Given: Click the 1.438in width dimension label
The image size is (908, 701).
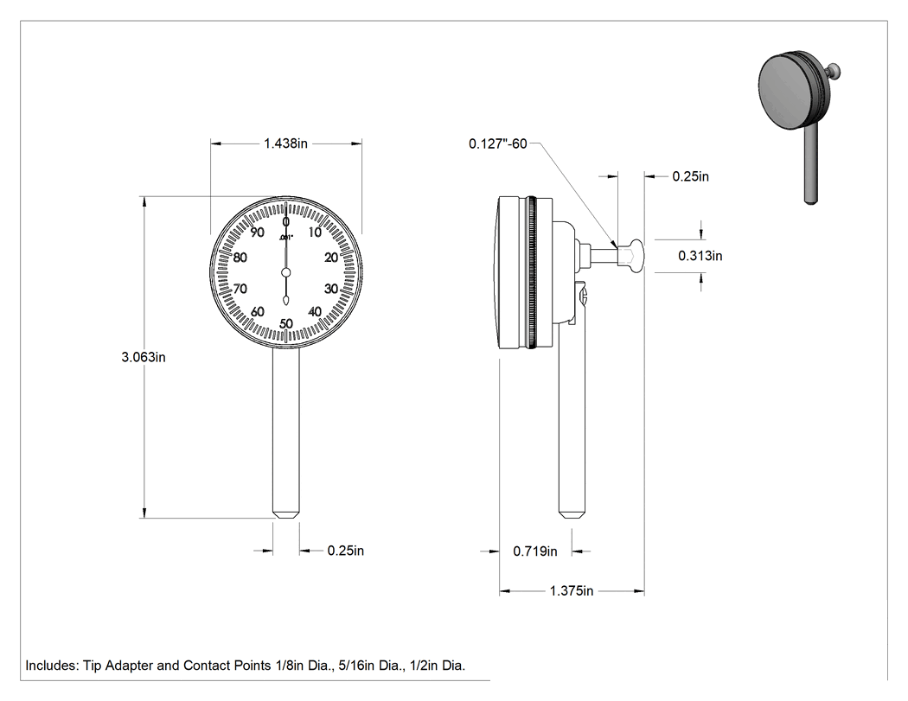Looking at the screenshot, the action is (285, 143).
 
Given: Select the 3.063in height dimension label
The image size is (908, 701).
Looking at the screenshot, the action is (144, 357).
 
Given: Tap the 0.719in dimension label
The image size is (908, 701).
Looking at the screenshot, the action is (535, 551).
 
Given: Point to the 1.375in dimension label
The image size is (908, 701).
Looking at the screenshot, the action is (572, 591).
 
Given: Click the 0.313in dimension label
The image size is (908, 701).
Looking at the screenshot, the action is (700, 255).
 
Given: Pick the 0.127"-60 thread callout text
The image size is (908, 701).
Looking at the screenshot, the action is (498, 143).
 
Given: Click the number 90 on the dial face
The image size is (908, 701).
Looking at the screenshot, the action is (257, 233).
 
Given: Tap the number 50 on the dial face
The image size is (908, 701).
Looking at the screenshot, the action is (286, 323).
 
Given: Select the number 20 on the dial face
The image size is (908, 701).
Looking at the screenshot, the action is (331, 258).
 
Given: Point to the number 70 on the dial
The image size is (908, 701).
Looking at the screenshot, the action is (240, 289).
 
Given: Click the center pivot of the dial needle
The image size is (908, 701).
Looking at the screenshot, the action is (285, 272).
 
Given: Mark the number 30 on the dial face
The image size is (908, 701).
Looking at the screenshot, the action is (331, 289).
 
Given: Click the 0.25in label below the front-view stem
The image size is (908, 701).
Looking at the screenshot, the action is (346, 551).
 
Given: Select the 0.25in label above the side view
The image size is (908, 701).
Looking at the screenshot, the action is (690, 176).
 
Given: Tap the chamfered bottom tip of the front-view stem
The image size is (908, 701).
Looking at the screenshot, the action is (286, 513).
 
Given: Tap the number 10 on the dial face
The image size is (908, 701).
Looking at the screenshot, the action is (315, 233).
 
